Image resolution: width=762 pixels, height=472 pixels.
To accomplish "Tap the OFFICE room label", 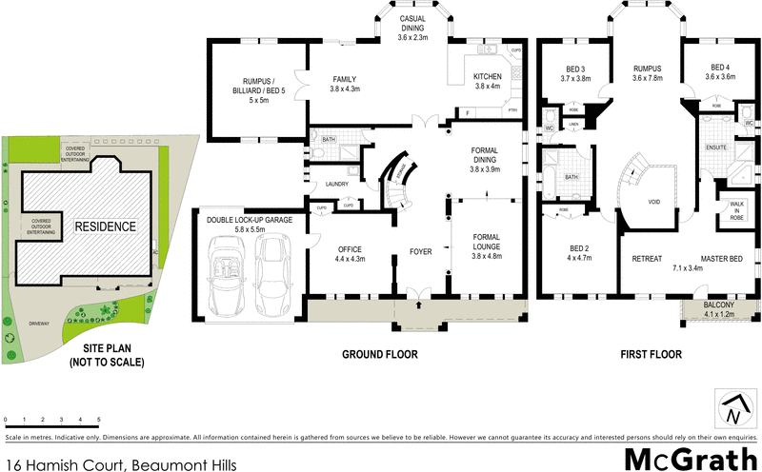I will [x=351, y=252].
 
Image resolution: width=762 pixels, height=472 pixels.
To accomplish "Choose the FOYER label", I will [x=421, y=252].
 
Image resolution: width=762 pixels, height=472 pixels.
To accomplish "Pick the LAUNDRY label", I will [x=337, y=185].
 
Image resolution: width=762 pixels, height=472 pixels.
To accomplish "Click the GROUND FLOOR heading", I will [x=380, y=354].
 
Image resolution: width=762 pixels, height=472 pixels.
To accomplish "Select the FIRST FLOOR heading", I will [x=652, y=354].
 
